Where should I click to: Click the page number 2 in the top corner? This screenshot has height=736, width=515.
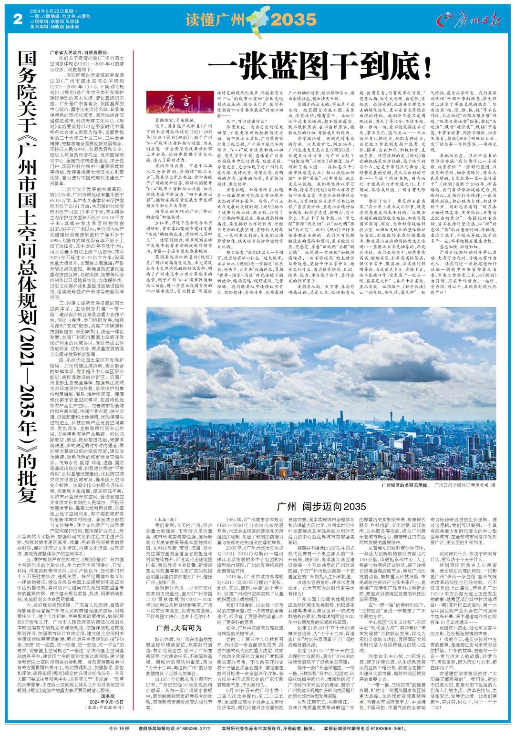(x=19, y=19)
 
